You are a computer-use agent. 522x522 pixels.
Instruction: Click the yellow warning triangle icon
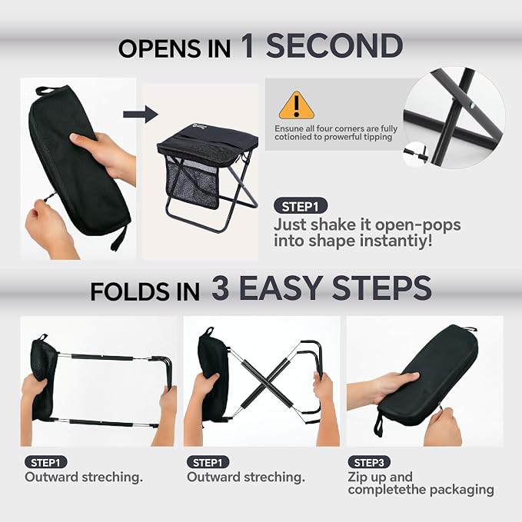[296, 107]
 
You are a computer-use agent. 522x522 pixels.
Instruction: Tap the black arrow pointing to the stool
[141, 115]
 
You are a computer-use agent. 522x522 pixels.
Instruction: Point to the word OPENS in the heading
[161, 48]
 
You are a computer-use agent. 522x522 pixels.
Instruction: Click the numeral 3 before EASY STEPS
[221, 288]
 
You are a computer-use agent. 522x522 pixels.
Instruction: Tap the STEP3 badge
[369, 462]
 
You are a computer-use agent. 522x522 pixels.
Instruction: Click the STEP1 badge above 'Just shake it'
[301, 207]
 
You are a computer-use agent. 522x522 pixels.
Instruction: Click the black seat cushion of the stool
[208, 142]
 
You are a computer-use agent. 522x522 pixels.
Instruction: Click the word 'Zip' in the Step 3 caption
[357, 477]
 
